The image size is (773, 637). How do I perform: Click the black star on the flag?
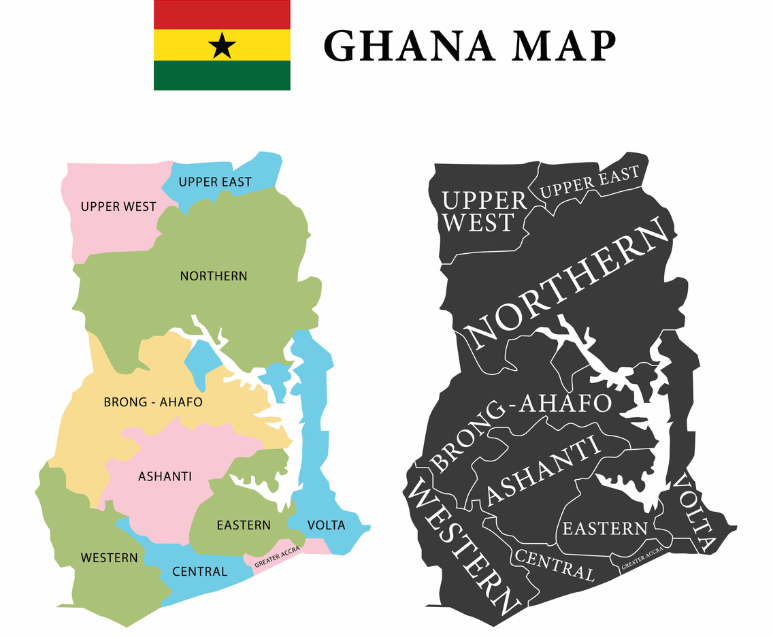[x=222, y=46]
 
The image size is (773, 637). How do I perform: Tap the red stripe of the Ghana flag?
[x=222, y=14]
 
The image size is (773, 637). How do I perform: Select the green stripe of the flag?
[x=222, y=75]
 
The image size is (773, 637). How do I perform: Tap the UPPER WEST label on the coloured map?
[x=118, y=206]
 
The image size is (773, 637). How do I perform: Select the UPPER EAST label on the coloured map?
[x=214, y=182]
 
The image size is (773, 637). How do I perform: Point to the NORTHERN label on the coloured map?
[x=214, y=276]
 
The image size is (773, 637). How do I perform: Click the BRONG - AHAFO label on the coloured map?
[x=153, y=402]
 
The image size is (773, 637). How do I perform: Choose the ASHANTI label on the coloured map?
[x=165, y=476]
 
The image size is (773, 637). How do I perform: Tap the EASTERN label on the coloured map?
[x=244, y=525]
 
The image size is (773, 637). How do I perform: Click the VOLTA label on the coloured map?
[x=326, y=525]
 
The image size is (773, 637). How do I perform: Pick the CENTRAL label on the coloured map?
[x=199, y=571]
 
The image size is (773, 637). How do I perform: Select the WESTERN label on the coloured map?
[x=109, y=558]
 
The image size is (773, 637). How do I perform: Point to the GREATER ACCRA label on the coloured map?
[x=277, y=561]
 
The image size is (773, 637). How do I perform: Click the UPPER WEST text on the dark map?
[x=484, y=211]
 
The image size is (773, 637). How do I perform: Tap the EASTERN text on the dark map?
[x=604, y=527]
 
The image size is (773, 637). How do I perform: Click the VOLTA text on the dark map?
[x=696, y=510]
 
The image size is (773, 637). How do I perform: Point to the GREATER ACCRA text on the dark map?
[x=642, y=561]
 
